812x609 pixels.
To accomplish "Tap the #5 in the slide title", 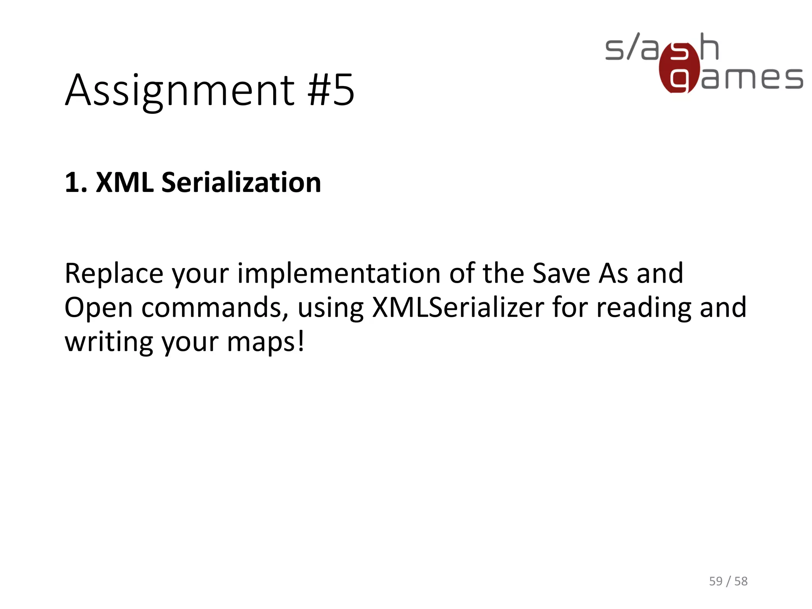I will [x=331, y=90].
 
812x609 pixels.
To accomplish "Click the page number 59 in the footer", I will [x=716, y=581].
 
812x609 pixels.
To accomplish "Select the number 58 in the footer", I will [x=741, y=581].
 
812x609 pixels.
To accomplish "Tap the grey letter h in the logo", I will [x=709, y=47].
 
